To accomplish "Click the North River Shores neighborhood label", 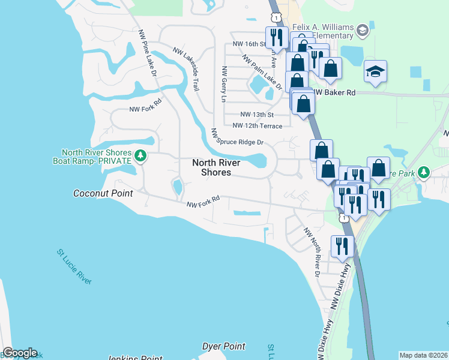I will tap(216, 167).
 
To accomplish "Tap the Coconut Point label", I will tap(102, 193).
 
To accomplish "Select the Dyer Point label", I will tap(223, 346).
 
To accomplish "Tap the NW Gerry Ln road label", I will tap(223, 83).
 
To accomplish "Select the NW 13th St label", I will tap(256, 114).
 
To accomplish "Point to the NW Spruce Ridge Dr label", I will tap(238, 137).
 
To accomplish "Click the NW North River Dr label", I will tap(312, 252).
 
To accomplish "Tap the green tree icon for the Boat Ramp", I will tap(140, 156).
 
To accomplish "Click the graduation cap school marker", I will tap(376, 71).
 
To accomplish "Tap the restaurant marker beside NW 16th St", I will tap(276, 37).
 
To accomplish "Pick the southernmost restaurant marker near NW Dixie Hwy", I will tap(342, 246).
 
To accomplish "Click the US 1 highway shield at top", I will tap(276, 14).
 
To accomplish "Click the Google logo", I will tap(20, 353).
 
